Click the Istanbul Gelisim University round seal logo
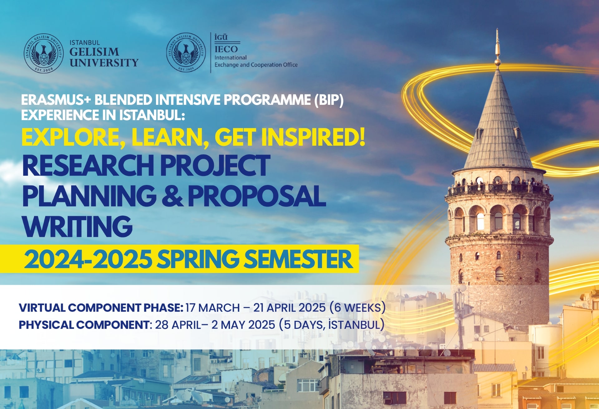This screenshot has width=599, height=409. click(44, 53)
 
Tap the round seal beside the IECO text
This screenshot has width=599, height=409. click(186, 52)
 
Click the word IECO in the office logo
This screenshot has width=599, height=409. click(226, 49)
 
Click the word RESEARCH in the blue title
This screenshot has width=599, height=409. click(88, 165)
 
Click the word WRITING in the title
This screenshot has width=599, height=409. click(78, 226)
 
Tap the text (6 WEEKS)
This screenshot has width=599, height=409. click(358, 308)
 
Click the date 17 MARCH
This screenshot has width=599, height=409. click(213, 308)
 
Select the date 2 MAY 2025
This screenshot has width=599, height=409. click(243, 325)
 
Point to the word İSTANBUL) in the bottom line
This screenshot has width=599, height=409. click(357, 324)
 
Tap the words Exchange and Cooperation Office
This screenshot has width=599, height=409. click(256, 65)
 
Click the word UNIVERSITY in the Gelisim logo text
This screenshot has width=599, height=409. click(104, 62)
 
